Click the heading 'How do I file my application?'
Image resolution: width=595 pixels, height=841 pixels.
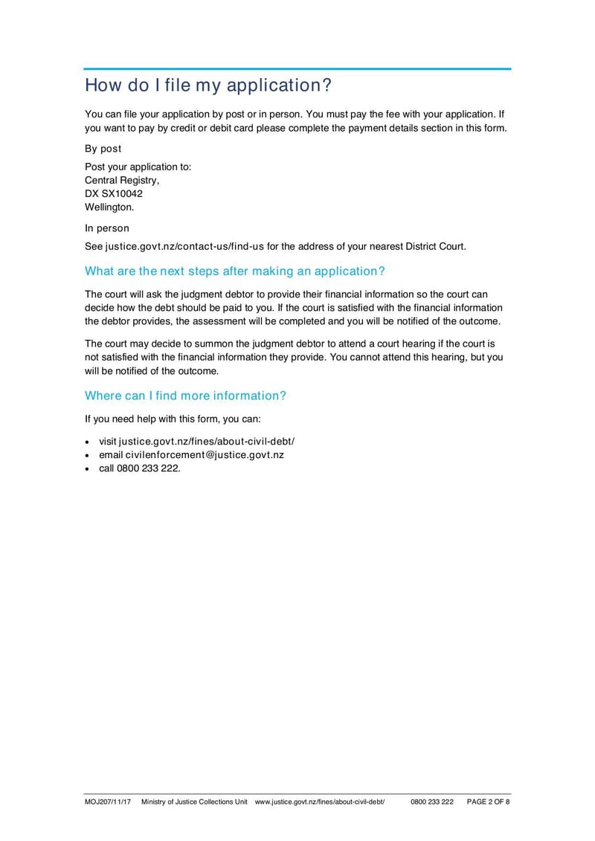208,86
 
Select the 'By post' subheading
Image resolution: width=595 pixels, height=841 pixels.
103,149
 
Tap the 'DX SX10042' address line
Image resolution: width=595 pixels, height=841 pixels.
114,193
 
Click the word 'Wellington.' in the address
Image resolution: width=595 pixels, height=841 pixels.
109,207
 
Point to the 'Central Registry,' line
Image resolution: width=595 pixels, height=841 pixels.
122,180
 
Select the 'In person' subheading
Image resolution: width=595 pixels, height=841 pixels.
107,228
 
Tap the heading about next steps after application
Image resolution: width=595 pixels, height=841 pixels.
235,271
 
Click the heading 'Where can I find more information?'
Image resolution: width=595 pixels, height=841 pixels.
185,396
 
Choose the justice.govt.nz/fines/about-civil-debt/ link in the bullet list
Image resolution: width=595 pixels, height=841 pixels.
207,442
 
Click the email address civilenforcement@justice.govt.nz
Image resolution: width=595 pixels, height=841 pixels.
205,455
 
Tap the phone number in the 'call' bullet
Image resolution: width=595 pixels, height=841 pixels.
149,468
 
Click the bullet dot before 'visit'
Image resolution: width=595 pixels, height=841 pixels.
89,442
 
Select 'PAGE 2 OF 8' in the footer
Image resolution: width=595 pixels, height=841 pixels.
488,802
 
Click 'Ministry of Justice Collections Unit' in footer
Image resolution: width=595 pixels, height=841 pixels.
194,802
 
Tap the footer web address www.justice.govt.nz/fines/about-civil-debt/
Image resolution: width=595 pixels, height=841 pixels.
320,802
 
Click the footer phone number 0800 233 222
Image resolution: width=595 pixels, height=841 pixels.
431,802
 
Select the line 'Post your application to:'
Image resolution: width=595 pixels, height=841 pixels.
138,167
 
